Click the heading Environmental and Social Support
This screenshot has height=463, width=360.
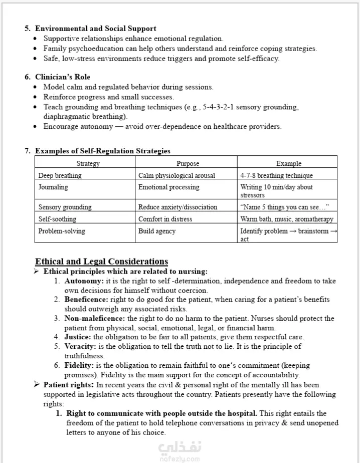coord(95,29)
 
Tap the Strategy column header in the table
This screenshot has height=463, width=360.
coord(88,163)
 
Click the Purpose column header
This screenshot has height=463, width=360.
coord(188,163)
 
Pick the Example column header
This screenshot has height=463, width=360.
coord(289,163)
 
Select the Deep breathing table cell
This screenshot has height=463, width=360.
coord(60,175)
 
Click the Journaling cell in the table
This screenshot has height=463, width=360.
coord(53,187)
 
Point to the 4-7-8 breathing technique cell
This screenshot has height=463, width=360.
coord(276,175)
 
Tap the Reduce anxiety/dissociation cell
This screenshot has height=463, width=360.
coord(177,207)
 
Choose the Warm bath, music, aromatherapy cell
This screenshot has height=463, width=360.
coord(286,219)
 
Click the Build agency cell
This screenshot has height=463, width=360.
coord(157,231)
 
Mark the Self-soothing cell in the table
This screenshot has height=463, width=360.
coord(57,219)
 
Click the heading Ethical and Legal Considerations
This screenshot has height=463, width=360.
coord(101,262)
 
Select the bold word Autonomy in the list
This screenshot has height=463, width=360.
coord(83,281)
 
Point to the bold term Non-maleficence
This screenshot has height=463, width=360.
coord(94,318)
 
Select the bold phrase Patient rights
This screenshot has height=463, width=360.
coord(69,385)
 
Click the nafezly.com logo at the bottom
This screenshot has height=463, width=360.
coord(179,449)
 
